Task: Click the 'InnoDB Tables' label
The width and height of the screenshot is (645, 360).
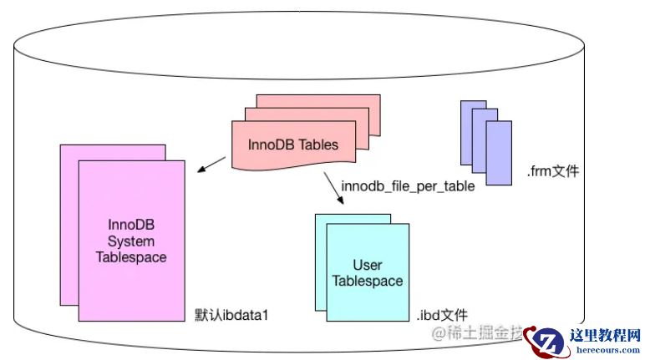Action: coord(292,145)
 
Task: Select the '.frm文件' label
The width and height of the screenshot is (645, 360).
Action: coord(552,172)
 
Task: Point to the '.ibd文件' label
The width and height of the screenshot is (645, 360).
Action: coord(441,315)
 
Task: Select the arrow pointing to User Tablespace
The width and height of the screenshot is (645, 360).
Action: coord(333,189)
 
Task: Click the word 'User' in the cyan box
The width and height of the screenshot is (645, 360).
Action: coord(368,266)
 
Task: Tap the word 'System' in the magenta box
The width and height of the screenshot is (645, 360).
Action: coord(131,241)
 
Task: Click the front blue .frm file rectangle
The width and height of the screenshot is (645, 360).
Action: coord(499,152)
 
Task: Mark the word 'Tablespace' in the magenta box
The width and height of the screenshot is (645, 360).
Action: coord(131,257)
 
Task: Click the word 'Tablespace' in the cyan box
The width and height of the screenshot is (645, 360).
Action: coord(368,281)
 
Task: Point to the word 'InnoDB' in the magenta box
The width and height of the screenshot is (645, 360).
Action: coord(131,226)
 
